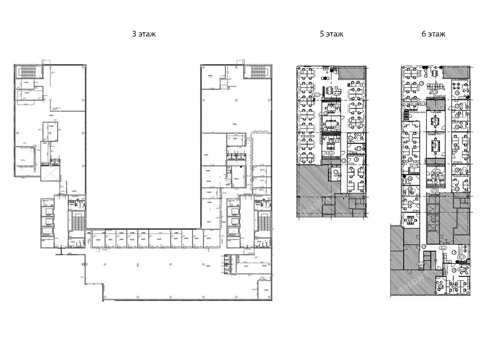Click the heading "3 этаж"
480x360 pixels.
point(144,34)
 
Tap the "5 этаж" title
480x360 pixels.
point(332,34)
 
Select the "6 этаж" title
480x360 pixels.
point(434,34)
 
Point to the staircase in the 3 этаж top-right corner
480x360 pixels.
point(258,72)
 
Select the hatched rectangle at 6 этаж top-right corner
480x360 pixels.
point(456,72)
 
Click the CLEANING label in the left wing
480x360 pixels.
point(72,205)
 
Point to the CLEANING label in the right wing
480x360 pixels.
point(258,205)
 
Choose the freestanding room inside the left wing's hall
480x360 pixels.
point(51,131)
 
